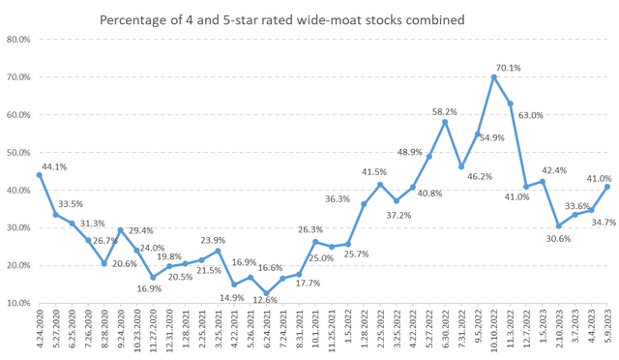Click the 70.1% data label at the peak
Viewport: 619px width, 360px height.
tap(508, 68)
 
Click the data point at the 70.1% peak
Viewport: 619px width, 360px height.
tap(494, 77)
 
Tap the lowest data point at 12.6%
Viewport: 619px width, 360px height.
tap(266, 293)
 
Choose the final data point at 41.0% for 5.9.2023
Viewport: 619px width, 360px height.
tap(607, 187)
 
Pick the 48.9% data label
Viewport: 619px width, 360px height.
tap(410, 151)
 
